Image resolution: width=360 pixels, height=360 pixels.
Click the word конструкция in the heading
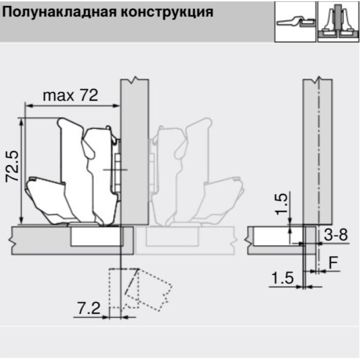tap(167, 13)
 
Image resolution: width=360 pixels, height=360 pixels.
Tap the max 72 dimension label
tap(71, 95)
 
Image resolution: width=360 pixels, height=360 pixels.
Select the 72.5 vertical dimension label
tap(12, 166)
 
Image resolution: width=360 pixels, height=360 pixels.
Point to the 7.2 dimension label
tap(89, 308)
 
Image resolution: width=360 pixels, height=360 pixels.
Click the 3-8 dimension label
tap(336, 234)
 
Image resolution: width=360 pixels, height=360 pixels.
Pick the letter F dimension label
tap(333, 263)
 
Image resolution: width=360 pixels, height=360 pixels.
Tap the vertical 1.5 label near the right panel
tap(282, 204)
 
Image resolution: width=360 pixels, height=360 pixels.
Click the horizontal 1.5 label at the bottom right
tap(283, 278)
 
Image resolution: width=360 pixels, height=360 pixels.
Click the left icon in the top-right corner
tap(295, 22)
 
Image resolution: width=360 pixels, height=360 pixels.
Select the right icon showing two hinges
tap(338, 22)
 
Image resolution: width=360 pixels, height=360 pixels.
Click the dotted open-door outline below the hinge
tap(140, 289)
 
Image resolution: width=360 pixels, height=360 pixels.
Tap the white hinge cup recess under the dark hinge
tap(96, 236)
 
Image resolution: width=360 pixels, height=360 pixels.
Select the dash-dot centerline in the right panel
tap(319, 175)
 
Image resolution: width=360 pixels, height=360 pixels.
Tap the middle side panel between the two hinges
tap(135, 152)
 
